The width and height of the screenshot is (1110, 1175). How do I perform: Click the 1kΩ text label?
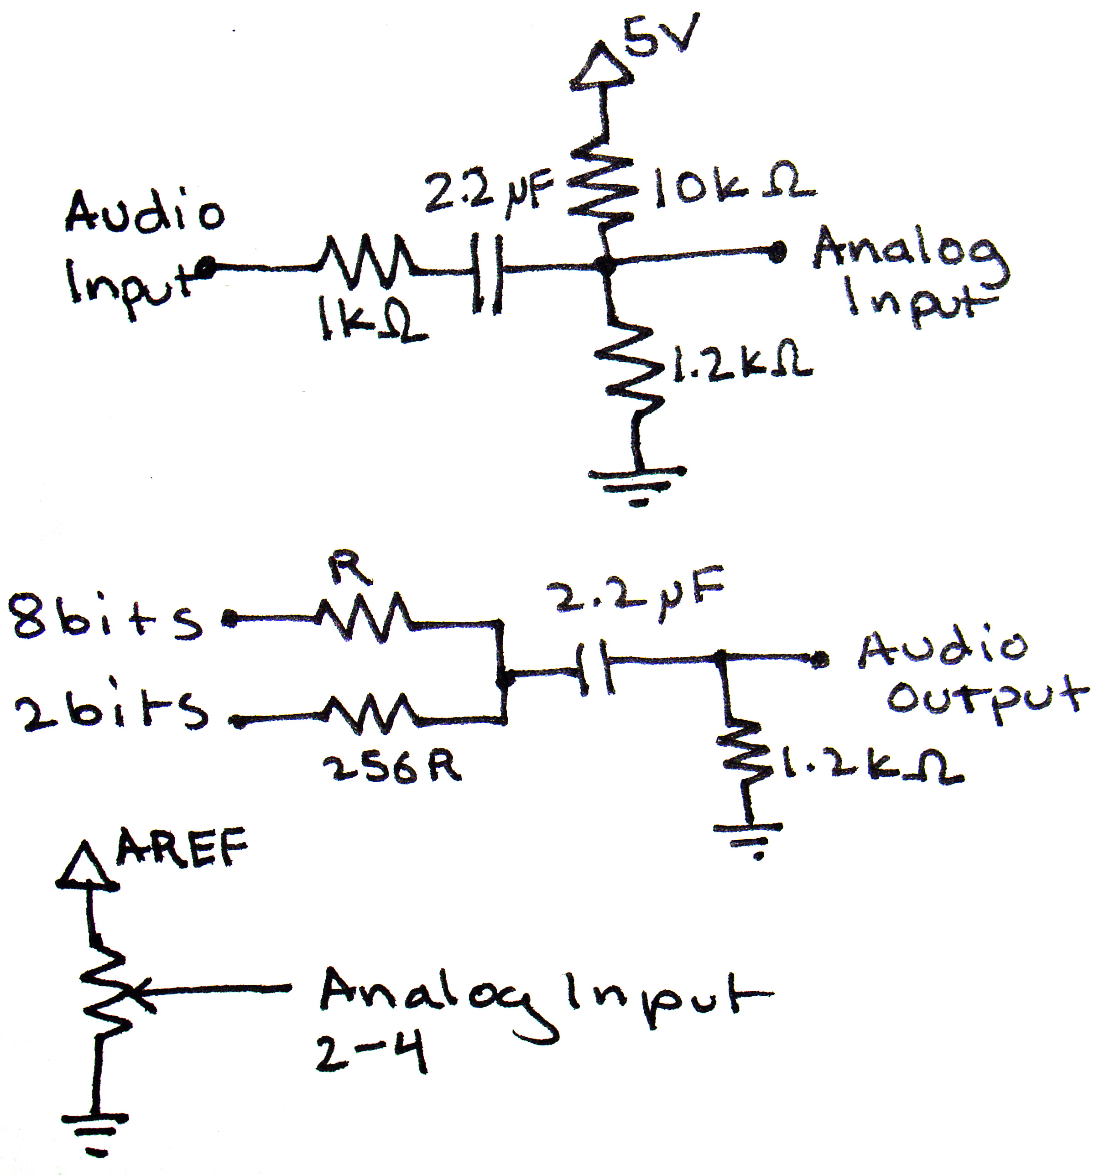(371, 322)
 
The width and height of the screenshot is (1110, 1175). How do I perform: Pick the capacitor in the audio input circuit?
(487, 272)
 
